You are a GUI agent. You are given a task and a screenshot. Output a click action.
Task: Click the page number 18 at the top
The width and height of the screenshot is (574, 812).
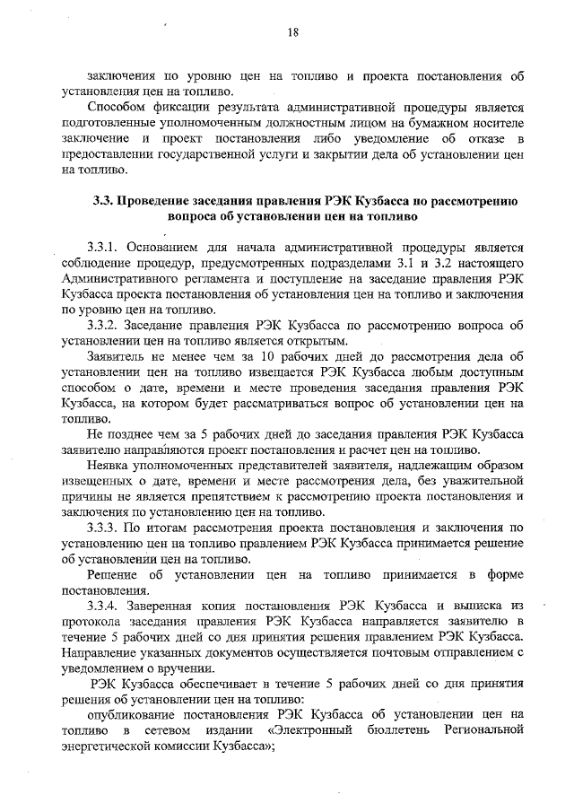[292, 33]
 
